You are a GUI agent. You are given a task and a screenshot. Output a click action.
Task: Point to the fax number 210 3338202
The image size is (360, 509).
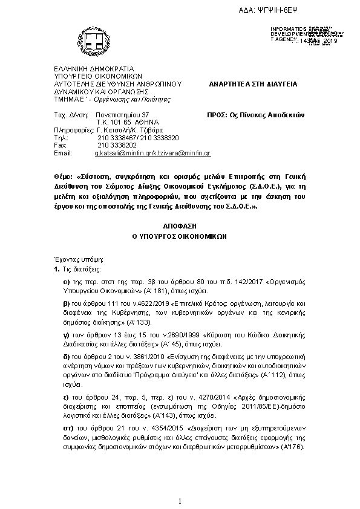point(115,146)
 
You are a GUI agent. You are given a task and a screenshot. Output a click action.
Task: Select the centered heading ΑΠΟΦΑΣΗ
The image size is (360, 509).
point(179,225)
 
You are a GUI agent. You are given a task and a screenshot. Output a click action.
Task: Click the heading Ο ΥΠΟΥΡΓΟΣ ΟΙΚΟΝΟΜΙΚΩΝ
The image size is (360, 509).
point(180,237)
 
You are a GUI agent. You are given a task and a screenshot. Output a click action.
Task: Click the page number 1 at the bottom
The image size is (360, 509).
point(180,501)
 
